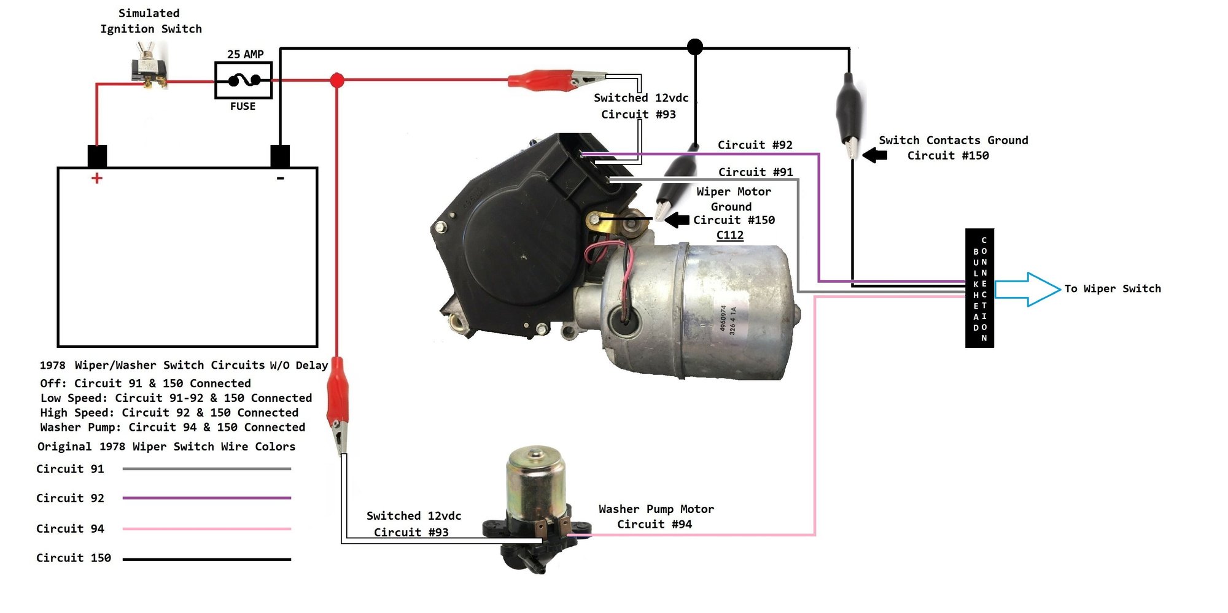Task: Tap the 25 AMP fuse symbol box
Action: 243,80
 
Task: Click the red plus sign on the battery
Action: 96,179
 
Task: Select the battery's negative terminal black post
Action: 280,155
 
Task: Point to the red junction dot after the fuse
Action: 337,80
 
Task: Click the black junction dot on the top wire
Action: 695,47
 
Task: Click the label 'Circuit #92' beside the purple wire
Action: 755,145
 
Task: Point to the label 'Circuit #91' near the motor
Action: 755,172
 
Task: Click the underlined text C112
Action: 729,235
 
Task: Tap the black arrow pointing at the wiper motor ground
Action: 677,220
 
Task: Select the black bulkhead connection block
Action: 979,288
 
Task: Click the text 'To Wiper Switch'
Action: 1113,289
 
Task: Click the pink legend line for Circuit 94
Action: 206,528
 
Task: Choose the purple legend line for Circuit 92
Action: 206,498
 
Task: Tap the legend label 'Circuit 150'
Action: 74,558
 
